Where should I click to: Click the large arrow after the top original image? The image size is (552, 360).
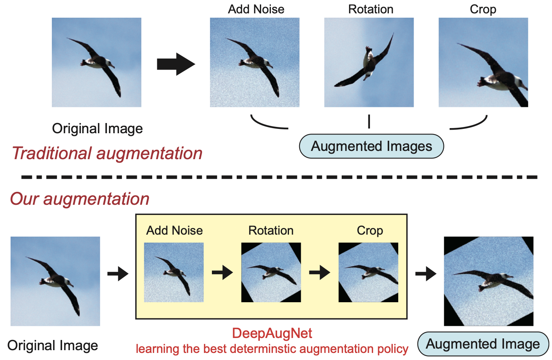176,64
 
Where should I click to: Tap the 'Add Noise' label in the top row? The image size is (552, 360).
256,9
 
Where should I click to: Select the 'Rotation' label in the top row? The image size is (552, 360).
370,9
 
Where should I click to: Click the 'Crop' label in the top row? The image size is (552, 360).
483,9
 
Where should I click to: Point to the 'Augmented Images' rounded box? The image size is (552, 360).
372,146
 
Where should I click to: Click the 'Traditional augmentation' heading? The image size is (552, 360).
107,153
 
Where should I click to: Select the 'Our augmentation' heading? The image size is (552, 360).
80,199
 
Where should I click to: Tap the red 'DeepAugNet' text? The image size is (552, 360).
272,333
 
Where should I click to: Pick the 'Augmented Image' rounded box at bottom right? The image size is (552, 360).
483,344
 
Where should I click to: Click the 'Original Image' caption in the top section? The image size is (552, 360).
97,129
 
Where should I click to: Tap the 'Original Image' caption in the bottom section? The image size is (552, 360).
53,345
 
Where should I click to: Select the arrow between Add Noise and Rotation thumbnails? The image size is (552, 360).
222,272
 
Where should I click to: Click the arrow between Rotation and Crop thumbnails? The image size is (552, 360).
319,272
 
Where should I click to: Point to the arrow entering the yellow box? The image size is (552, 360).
118,274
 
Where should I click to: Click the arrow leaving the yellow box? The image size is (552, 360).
426,274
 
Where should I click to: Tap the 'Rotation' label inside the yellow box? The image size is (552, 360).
271,230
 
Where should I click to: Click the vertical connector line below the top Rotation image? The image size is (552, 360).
369,121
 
